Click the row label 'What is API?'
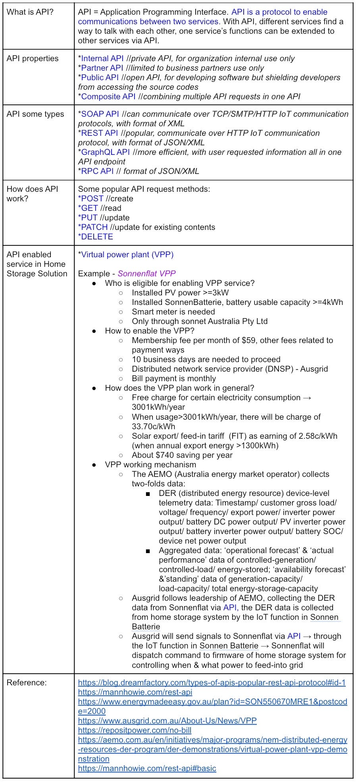pyautogui.click(x=30, y=12)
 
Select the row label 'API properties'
pyautogui.click(x=32, y=58)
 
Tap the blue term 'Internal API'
pyautogui.click(x=102, y=58)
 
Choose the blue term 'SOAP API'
pyautogui.click(x=100, y=114)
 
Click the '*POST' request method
pyautogui.click(x=91, y=199)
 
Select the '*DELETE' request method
pyautogui.click(x=96, y=237)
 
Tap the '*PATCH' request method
pyautogui.click(x=93, y=227)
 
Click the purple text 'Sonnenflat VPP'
pyautogui.click(x=146, y=274)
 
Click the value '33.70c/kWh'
pyautogui.click(x=154, y=426)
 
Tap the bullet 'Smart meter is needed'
pyautogui.click(x=173, y=312)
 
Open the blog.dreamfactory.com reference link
pyautogui.click(x=212, y=683)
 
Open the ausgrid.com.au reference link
pyautogui.click(x=167, y=721)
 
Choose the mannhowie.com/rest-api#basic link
pyautogui.click(x=147, y=768)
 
